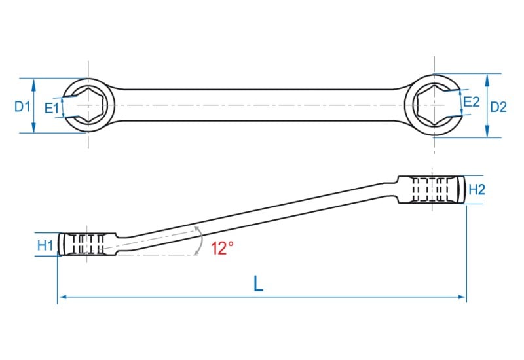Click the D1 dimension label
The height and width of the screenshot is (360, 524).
point(22,107)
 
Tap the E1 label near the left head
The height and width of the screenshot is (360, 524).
point(52,108)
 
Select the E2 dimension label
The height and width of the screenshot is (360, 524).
point(472,102)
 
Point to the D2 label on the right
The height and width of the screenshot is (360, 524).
point(498,107)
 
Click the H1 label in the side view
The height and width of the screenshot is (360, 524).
point(45,245)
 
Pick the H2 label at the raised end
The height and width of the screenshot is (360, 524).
point(477,190)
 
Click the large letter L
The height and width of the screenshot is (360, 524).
point(258,283)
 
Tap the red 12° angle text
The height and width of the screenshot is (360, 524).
point(222,249)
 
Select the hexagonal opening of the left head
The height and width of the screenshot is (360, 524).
point(88,105)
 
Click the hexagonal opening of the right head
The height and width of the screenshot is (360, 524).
point(434,105)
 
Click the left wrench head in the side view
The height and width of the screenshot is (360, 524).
point(87,244)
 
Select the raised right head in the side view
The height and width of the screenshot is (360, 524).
point(431,189)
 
